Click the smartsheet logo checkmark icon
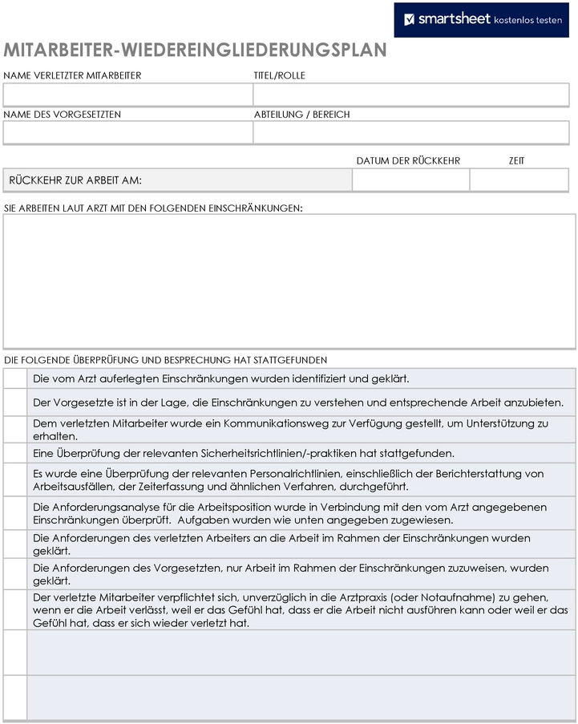click(x=409, y=19)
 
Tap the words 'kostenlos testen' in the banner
click(x=527, y=20)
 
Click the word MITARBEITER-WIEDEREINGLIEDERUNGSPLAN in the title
click(x=195, y=51)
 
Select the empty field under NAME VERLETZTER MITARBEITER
click(x=128, y=95)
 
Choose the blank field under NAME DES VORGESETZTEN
click(x=128, y=132)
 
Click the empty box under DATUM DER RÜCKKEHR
click(x=410, y=180)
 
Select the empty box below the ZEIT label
click(x=519, y=180)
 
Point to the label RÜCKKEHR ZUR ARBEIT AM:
click(x=81, y=180)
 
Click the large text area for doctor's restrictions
click(x=289, y=281)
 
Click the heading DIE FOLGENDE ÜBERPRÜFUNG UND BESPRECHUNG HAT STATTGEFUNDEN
click(x=165, y=360)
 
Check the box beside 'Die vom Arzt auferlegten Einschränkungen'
click(x=15, y=378)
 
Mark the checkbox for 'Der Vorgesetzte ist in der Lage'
click(x=15, y=402)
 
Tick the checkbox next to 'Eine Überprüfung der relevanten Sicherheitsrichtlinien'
click(x=15, y=453)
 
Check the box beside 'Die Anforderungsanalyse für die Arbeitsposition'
click(x=15, y=513)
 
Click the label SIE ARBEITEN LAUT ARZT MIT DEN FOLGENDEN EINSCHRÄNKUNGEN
click(x=153, y=208)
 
